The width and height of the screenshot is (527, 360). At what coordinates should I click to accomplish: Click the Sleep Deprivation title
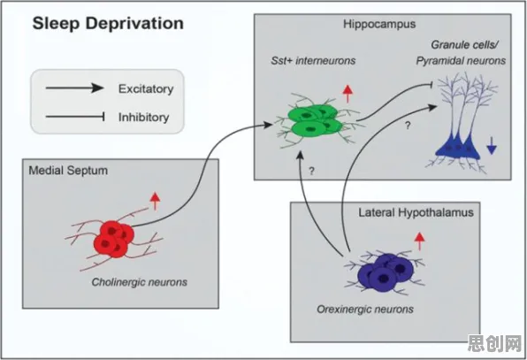tap(108, 24)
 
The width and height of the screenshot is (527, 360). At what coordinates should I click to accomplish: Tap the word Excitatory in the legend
tap(146, 89)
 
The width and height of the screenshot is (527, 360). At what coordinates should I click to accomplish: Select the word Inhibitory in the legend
tap(143, 118)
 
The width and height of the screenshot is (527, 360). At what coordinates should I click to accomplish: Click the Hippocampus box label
tap(379, 25)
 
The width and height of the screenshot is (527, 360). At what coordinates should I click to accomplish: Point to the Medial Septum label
tap(68, 171)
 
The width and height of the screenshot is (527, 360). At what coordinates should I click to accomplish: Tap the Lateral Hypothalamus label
tap(416, 212)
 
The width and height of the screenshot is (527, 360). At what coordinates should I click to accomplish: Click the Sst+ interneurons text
tap(313, 60)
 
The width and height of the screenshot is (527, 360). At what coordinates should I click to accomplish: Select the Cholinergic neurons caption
tap(140, 281)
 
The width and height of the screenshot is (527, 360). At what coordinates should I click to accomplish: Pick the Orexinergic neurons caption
tap(365, 309)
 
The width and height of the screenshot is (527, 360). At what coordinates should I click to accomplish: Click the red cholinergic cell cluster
tap(114, 238)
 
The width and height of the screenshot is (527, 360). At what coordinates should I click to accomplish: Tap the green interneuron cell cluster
tap(315, 119)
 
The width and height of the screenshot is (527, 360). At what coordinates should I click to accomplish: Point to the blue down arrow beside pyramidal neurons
tap(492, 146)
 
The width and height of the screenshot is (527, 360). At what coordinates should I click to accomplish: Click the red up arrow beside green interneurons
tap(348, 94)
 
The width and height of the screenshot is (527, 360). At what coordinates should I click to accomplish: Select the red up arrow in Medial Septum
tap(155, 201)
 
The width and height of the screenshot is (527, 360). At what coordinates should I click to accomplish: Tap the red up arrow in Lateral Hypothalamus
tap(419, 241)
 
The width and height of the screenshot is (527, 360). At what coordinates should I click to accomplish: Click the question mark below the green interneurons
tap(311, 171)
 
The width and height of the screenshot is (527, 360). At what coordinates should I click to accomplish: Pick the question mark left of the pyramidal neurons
tap(408, 126)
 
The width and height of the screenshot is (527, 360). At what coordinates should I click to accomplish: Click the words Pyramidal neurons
tap(461, 61)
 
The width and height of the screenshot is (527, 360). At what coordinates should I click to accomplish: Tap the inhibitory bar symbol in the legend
tap(75, 117)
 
